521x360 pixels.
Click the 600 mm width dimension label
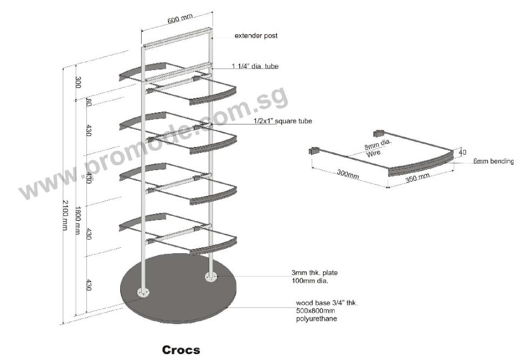180,19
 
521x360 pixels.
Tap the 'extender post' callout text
256,35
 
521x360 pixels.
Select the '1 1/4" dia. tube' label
255,66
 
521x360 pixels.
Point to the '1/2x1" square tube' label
283,121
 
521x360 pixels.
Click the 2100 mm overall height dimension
65,215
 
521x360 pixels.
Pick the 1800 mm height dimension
77,221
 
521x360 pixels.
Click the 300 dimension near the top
78,83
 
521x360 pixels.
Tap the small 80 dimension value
89,102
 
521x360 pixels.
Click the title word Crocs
181,350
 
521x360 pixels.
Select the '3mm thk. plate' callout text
314,273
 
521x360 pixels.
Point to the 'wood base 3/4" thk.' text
327,303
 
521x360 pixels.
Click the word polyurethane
317,319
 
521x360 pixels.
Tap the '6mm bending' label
494,161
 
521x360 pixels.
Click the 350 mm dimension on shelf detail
417,178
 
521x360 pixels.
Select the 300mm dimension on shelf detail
348,174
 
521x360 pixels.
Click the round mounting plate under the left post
143,293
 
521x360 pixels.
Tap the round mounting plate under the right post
211,277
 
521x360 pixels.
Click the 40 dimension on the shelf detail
463,152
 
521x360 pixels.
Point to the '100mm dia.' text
310,281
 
